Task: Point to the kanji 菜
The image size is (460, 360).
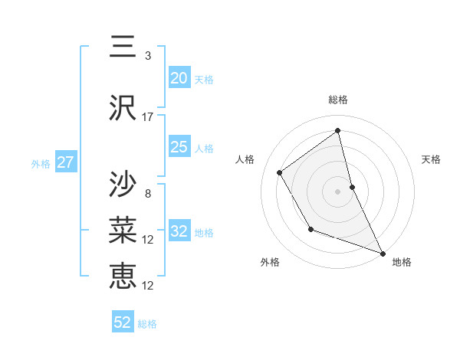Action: tap(123, 229)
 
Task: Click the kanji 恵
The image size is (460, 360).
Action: tap(123, 274)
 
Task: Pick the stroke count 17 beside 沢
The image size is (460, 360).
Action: tap(148, 117)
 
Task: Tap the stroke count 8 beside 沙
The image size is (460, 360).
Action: tap(148, 194)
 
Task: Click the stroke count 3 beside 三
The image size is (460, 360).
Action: tap(148, 56)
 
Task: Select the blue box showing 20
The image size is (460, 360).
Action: tap(179, 78)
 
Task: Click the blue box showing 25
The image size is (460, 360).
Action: tap(179, 147)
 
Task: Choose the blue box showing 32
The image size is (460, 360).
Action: tap(179, 231)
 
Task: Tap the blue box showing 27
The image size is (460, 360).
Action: tap(65, 162)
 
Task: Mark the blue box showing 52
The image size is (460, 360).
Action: tap(123, 322)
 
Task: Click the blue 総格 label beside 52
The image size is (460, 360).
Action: tap(147, 324)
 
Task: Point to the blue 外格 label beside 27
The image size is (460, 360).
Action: tap(41, 164)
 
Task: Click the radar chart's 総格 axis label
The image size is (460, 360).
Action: tap(338, 100)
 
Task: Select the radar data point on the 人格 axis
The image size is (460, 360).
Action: tap(280, 173)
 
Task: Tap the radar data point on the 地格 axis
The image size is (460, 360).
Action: tap(383, 254)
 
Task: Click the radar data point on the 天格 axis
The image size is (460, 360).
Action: tap(352, 186)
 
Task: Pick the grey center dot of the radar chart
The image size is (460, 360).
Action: tap(338, 191)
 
